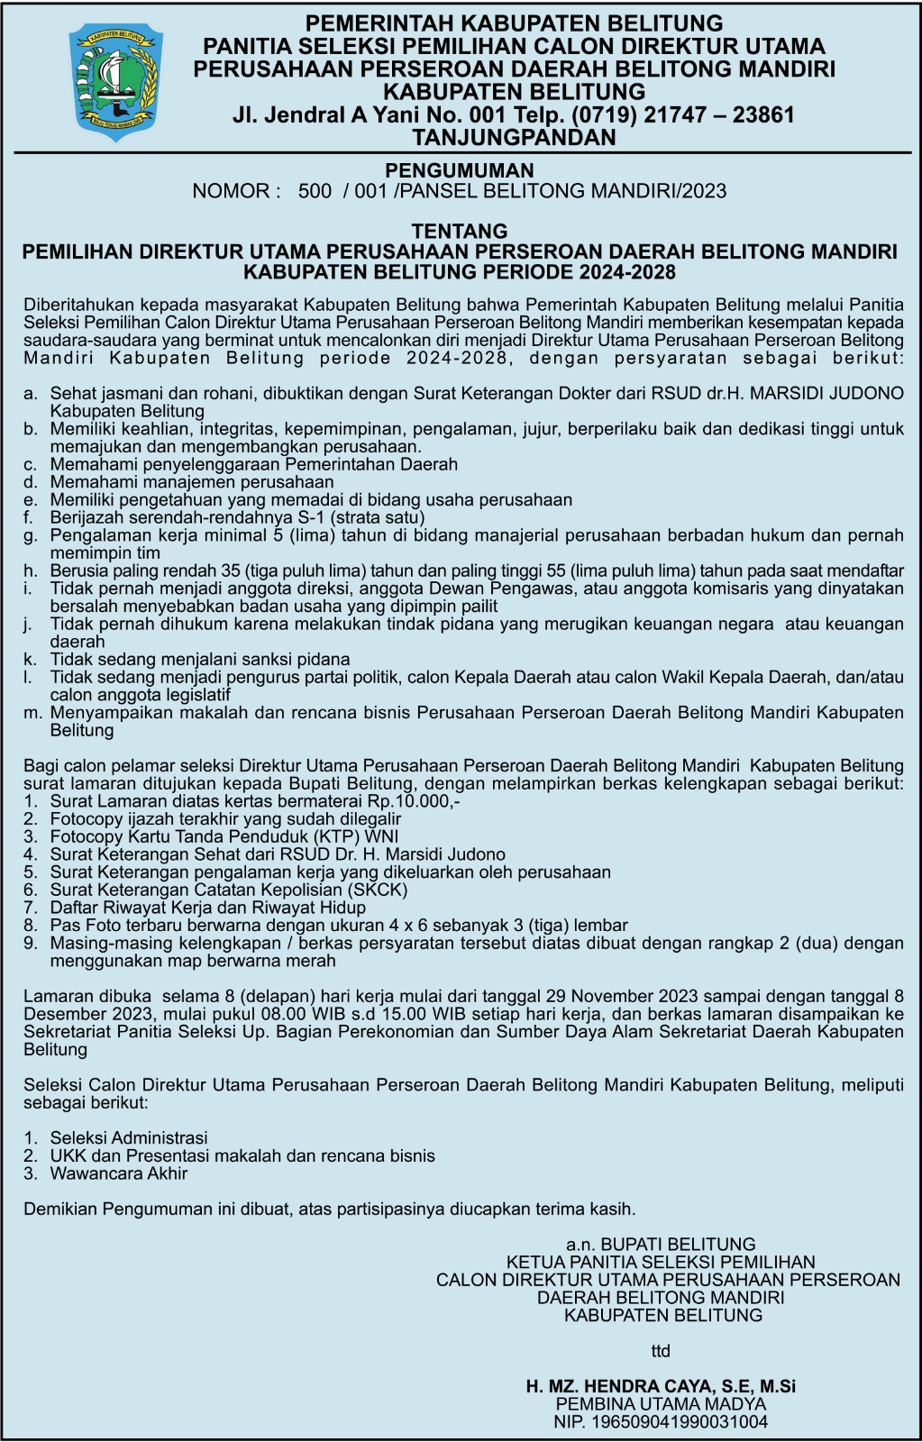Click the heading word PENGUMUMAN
pos(460,170)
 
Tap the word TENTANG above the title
pos(460,232)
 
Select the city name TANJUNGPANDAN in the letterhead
pos(514,138)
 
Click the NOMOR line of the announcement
pos(460,191)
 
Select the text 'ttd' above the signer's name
pos(662,1351)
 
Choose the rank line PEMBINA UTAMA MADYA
pos(662,1404)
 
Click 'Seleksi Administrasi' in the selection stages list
pos(129,1138)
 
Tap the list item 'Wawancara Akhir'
pos(119,1173)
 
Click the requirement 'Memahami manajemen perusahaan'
pos(179,482)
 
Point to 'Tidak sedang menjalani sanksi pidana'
pos(200,660)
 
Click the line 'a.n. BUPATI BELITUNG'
pos(662,1245)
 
